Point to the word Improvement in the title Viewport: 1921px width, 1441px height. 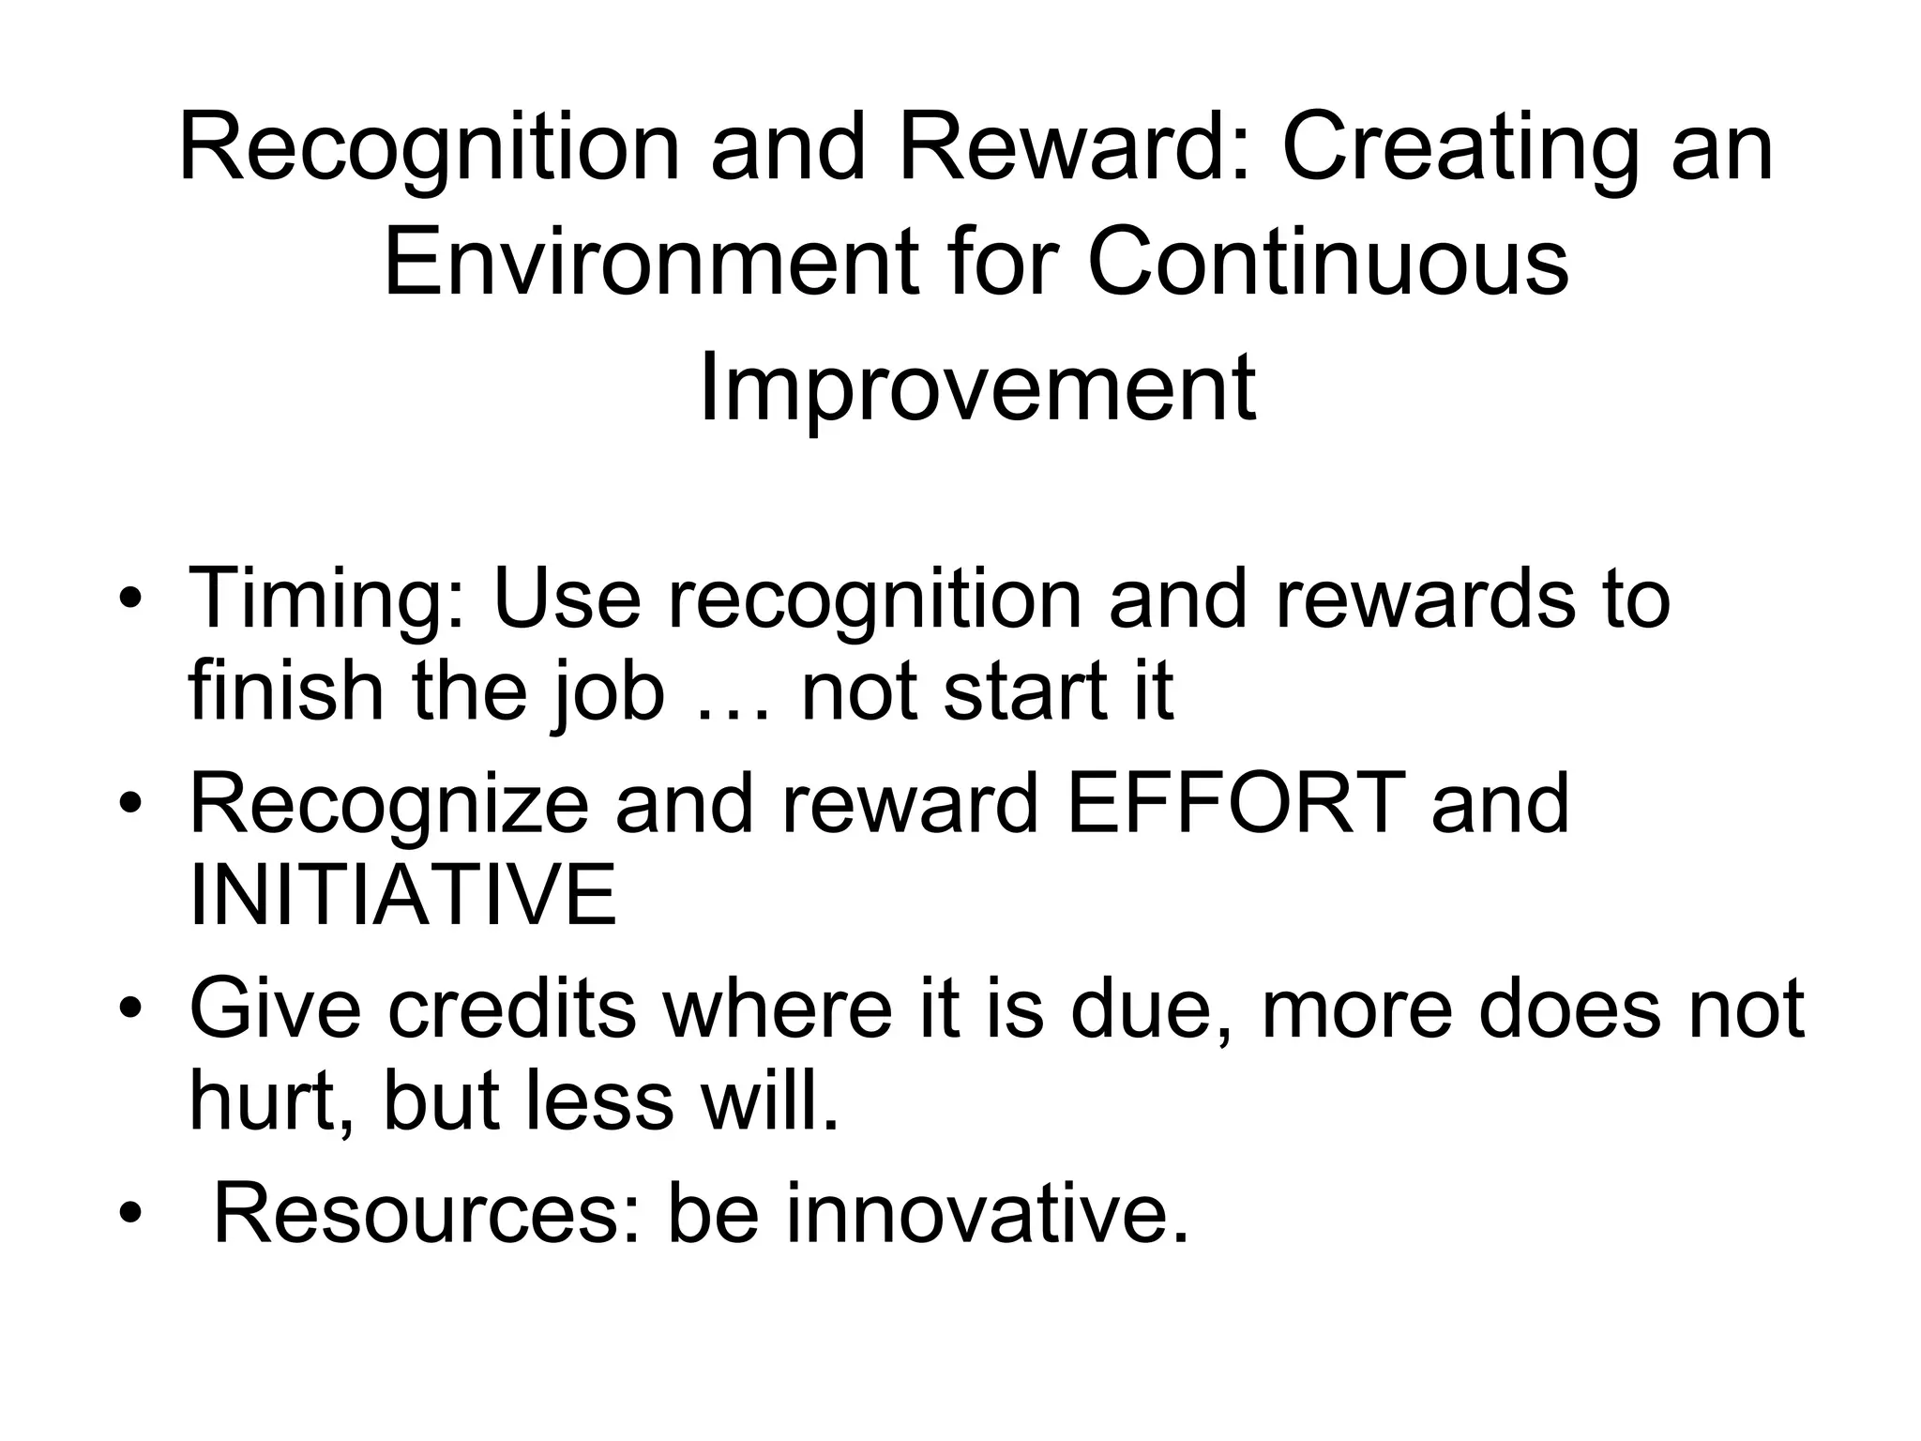976,387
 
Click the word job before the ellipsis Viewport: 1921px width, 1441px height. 610,694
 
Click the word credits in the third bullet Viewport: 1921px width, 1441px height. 511,1009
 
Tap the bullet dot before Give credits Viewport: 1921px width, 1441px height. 130,1010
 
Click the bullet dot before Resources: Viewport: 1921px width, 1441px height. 130,1215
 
